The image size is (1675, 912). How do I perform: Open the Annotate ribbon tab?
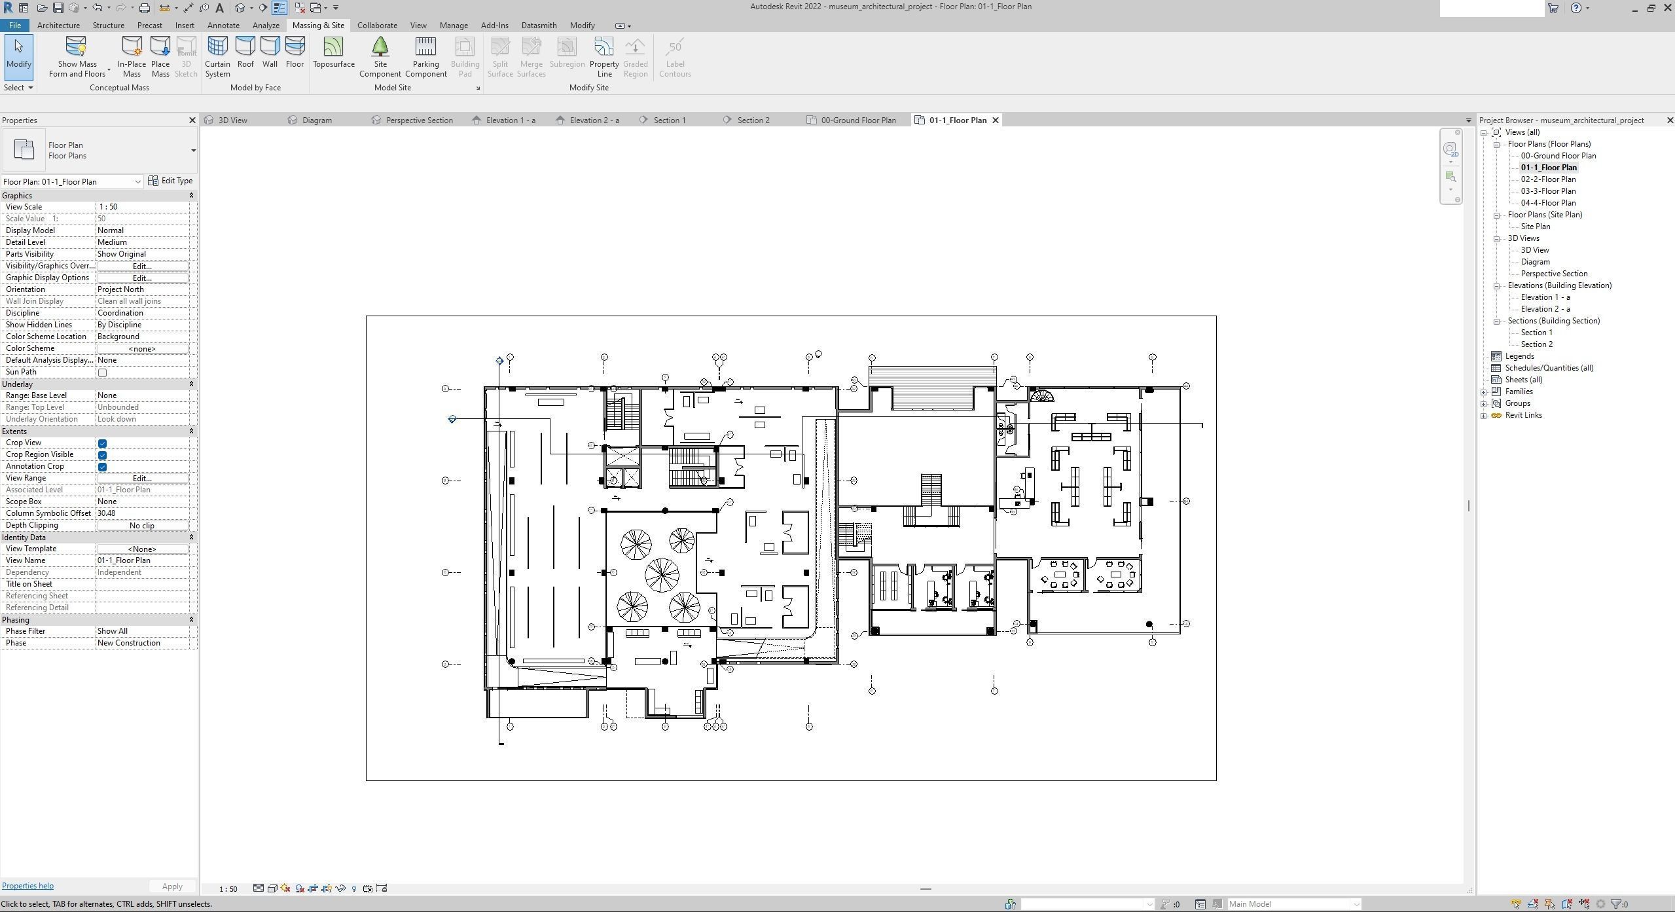tap(223, 26)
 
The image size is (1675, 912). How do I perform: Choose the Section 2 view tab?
tap(753, 120)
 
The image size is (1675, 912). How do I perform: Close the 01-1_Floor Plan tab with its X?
tap(996, 120)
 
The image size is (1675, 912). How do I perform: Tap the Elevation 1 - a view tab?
tap(510, 120)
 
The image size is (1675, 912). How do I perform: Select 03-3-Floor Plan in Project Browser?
tap(1547, 191)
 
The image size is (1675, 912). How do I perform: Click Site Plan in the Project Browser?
tap(1535, 227)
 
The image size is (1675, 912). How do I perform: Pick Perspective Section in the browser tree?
tap(1553, 274)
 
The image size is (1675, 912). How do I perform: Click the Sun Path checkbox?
tap(103, 373)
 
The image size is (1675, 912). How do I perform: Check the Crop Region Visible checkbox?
tap(103, 455)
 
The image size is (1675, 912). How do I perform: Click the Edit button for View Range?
tap(142, 479)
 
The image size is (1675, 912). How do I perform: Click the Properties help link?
tap(27, 886)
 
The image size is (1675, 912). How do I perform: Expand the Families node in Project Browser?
tap(1484, 392)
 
